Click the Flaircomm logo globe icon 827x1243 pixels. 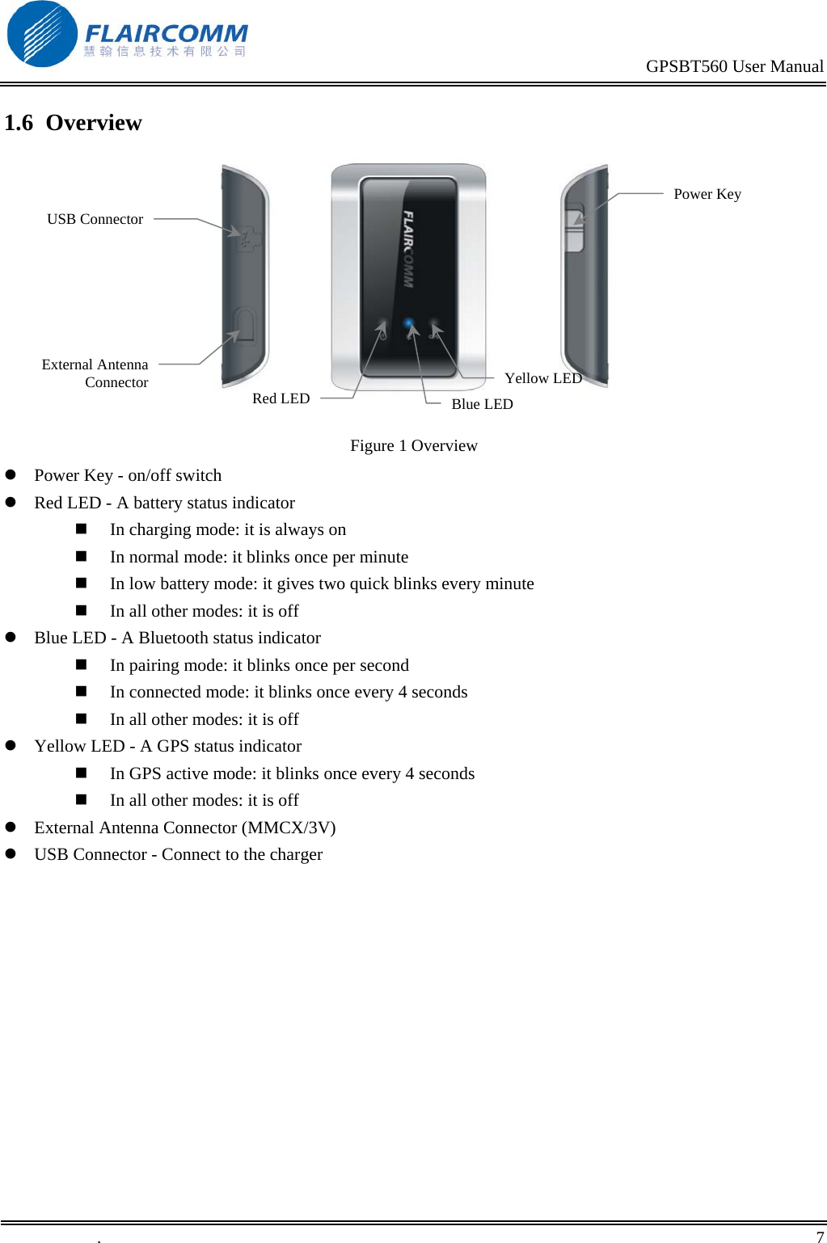41,34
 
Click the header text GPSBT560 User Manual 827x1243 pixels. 734,66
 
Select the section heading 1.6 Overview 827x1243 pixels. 73,123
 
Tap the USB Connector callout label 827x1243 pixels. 95,219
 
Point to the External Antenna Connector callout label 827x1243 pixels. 95,373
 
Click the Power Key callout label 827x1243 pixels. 707,194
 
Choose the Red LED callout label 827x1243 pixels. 281,398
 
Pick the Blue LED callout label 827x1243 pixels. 482,404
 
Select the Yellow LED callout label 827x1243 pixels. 542,378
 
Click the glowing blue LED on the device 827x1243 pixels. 409,325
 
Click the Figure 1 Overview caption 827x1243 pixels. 413,446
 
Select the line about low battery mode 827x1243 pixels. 322,584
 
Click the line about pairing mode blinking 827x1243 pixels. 259,665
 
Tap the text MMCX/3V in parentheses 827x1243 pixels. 289,828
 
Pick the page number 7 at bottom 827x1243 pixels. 820,1237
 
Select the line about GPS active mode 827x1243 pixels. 292,773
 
